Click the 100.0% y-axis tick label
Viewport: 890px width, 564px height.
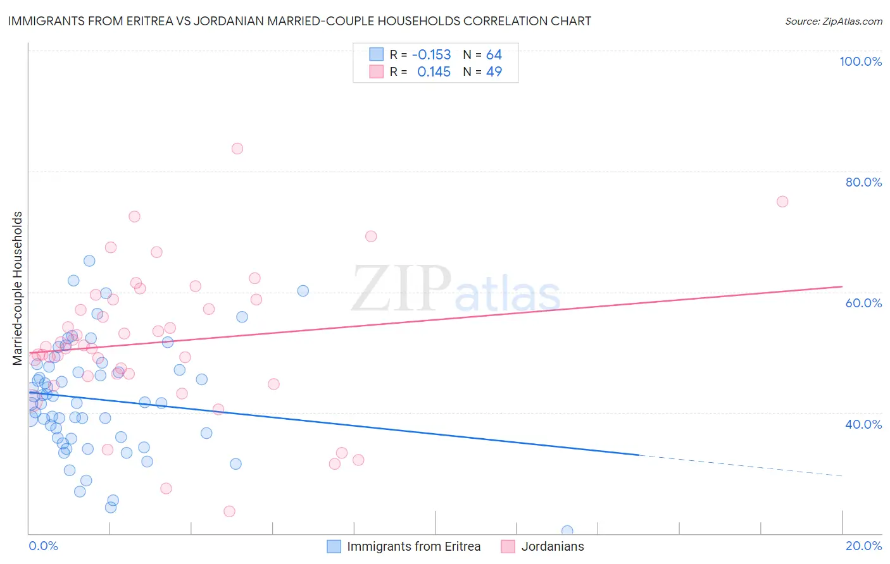(860, 61)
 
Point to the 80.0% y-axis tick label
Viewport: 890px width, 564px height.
(863, 182)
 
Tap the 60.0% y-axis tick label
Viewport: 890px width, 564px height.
(863, 303)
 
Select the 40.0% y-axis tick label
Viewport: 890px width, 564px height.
(863, 424)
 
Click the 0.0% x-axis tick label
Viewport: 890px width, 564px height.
(43, 546)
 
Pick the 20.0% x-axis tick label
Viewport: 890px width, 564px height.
(863, 546)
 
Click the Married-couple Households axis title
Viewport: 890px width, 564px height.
(18, 288)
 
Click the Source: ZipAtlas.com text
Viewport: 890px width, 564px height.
(833, 21)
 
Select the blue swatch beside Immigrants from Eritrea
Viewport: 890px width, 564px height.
(334, 546)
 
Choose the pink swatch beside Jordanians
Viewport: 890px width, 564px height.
(508, 546)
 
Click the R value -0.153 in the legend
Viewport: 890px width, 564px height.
(431, 54)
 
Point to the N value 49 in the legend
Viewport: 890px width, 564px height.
(494, 71)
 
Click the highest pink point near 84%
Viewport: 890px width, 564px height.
(237, 149)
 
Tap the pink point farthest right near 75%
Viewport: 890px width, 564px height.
(782, 202)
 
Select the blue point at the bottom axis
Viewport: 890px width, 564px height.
(567, 531)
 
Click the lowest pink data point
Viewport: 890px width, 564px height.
(230, 511)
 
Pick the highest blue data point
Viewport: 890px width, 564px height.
(89, 261)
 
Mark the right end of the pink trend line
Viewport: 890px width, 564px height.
(842, 286)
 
